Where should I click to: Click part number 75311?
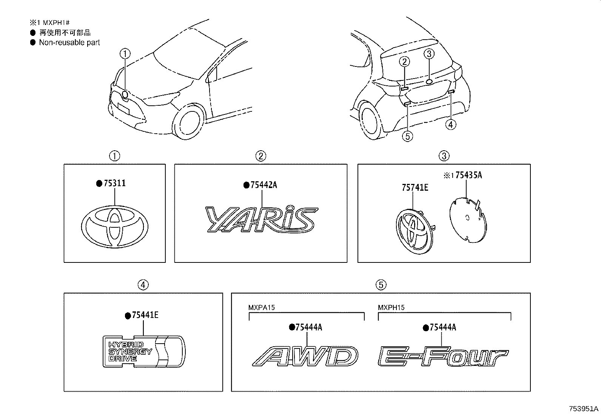114,184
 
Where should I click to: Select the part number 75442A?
263,185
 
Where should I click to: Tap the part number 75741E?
415,187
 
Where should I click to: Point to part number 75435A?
468,175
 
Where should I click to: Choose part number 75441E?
145,315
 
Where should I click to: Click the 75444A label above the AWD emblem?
308,327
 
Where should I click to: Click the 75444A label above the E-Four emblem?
442,327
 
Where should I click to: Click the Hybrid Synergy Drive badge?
144,351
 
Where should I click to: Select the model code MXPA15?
261,307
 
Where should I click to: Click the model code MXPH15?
391,307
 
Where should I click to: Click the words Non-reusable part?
69,43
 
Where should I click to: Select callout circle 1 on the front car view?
125,54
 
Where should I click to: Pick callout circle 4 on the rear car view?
451,124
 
